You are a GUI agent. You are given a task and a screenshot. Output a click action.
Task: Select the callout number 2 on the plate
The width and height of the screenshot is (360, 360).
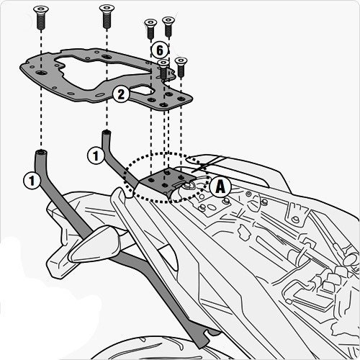tap(120, 94)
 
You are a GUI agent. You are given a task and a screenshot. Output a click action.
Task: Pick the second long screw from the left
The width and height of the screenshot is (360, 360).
tap(107, 13)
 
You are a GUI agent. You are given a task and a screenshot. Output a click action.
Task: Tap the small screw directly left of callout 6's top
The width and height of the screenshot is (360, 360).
tap(150, 27)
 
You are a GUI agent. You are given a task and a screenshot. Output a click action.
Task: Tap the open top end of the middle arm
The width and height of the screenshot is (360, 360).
tap(107, 133)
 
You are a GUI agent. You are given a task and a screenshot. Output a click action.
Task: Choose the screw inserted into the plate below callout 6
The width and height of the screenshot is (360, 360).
tap(163, 72)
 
